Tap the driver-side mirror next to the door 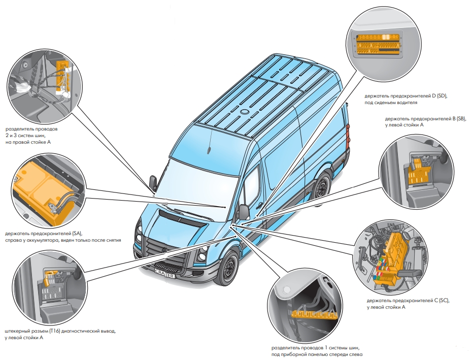pos(243,212)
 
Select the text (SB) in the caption pos(460,118)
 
